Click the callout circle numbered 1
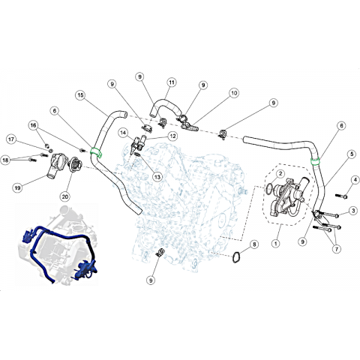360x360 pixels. click(275, 243)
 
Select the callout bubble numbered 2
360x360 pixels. click(280, 173)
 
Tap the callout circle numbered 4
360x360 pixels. click(355, 180)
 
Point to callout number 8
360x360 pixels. click(254, 244)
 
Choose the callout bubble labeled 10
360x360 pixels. click(234, 93)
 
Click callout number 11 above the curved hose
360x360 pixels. click(172, 82)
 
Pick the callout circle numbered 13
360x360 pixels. click(157, 177)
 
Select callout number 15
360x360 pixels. click(80, 95)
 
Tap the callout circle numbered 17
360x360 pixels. click(11, 139)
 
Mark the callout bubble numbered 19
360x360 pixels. click(17, 187)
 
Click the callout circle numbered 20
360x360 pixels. click(65, 196)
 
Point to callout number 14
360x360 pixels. click(123, 133)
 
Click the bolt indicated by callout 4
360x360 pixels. click(341, 196)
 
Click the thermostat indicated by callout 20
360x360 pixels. click(75, 163)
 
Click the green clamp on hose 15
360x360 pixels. click(96, 152)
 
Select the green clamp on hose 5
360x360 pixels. click(316, 161)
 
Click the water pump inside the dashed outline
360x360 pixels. click(287, 197)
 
